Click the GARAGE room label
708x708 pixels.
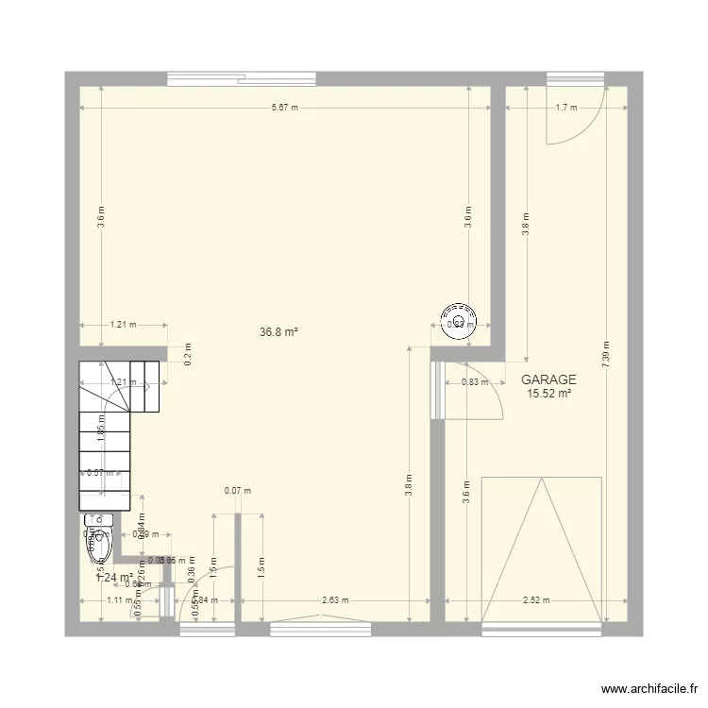548,379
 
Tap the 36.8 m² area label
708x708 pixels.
278,332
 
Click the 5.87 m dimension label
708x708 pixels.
284,108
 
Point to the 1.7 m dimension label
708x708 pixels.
566,108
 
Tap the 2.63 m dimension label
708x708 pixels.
335,600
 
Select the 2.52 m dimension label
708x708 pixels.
536,600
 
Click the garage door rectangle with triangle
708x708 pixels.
542,549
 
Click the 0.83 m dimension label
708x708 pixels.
474,382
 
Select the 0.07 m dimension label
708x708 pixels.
237,490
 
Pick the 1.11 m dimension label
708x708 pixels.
120,600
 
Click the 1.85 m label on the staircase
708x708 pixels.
99,422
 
